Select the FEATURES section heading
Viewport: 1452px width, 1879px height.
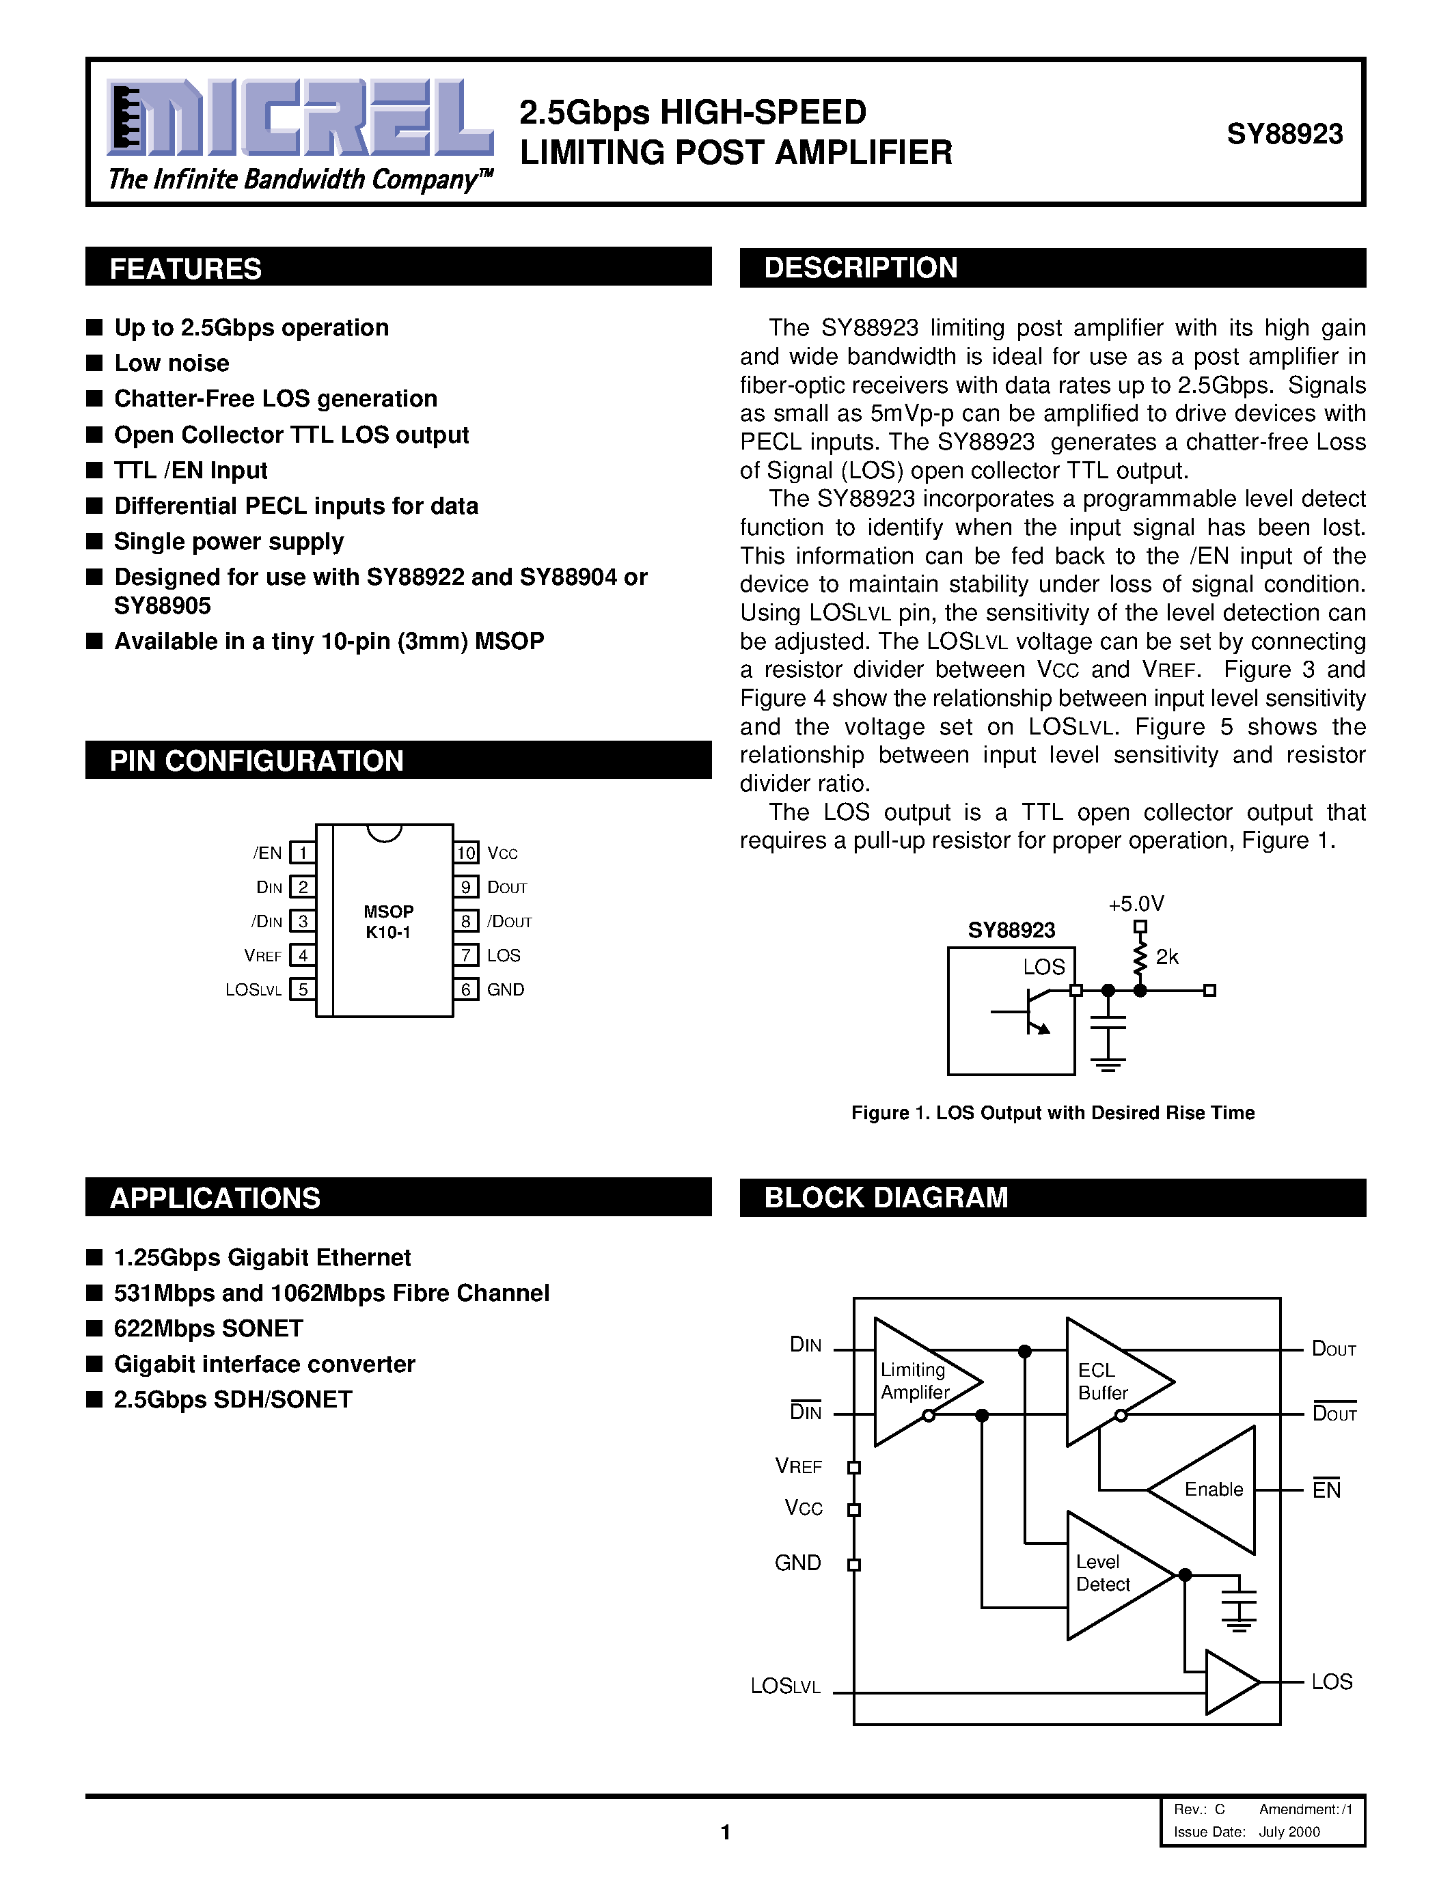(186, 269)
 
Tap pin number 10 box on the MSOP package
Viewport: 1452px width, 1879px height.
(465, 853)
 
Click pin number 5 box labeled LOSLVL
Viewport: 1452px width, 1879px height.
(303, 989)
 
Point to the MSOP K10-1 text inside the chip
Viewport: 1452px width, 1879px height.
(388, 922)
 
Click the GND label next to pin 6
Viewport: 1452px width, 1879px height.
(505, 989)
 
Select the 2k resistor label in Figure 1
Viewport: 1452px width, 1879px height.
(1166, 957)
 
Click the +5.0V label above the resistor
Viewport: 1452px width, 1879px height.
(1136, 903)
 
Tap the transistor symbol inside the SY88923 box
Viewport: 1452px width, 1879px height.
(1030, 1012)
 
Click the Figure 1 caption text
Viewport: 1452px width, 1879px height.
(1052, 1112)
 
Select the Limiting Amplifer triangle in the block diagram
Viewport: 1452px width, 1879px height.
(920, 1381)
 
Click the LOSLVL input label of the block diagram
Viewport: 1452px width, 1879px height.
(785, 1686)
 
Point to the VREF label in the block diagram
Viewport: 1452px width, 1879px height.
(797, 1466)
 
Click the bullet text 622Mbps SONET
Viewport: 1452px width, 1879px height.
(208, 1328)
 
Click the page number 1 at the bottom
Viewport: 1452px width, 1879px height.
(725, 1832)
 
